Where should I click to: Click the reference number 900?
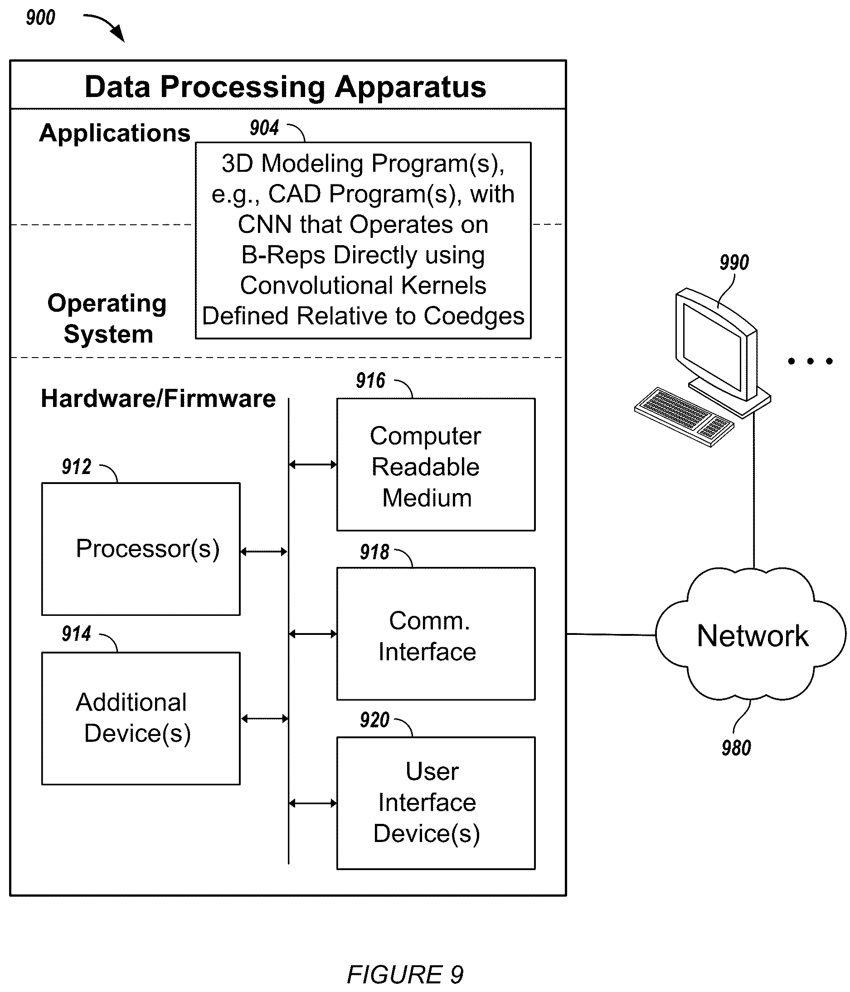40,18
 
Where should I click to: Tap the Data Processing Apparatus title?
286,87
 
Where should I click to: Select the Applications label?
115,133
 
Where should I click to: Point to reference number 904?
264,128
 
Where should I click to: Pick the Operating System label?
107,319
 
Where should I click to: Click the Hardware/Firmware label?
158,398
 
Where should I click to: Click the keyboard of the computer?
684,417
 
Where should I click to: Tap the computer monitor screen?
713,347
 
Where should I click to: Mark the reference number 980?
736,748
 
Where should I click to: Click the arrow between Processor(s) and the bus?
264,552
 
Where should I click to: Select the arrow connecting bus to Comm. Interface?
313,634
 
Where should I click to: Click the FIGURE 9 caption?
405,974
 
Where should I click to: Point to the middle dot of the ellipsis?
810,361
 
